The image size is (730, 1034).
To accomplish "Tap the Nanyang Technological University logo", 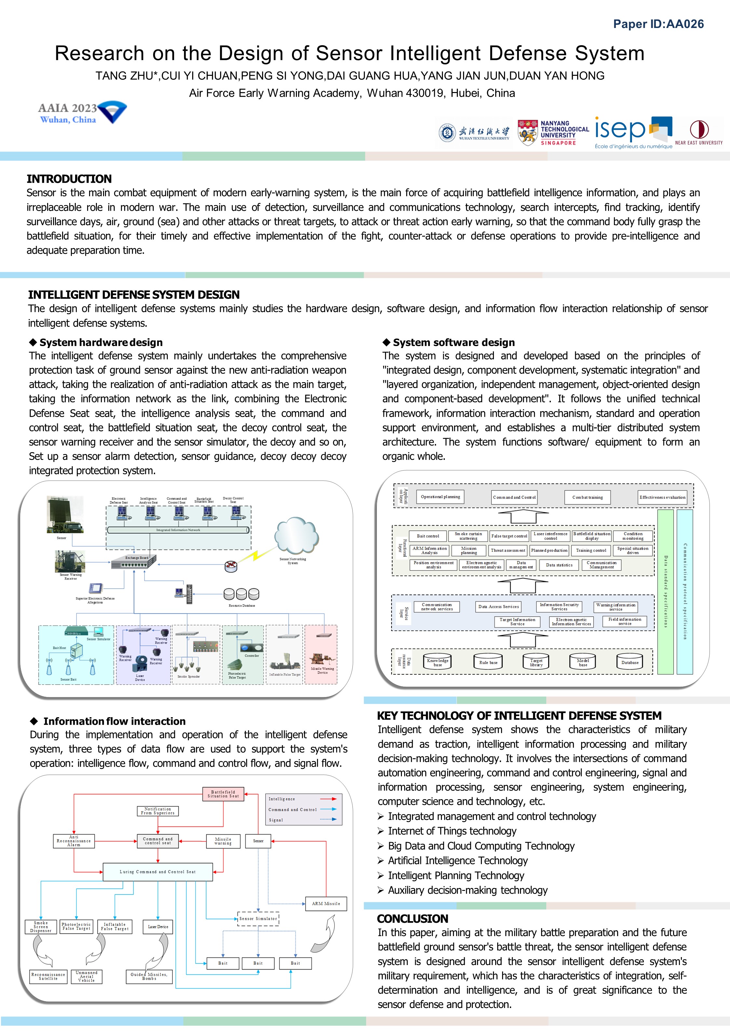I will pyautogui.click(x=553, y=132).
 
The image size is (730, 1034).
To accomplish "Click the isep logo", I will pyautogui.click(x=633, y=132).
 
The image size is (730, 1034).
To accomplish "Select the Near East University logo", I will pyautogui.click(x=698, y=132).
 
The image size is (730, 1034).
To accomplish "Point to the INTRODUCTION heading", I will pyautogui.click(x=69, y=179).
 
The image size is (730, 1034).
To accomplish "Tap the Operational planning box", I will pyautogui.click(x=440, y=497).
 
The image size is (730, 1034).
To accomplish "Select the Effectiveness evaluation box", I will pyautogui.click(x=662, y=497).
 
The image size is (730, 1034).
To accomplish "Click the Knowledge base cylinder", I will pyautogui.click(x=437, y=662).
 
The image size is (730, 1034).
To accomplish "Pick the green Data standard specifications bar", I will pyautogui.click(x=665, y=591).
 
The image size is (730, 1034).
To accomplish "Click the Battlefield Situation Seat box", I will pyautogui.click(x=223, y=794).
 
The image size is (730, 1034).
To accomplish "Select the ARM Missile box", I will pyautogui.click(x=326, y=903).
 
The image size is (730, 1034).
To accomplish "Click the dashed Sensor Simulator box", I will pyautogui.click(x=258, y=918).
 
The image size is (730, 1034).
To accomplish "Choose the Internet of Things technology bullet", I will pyautogui.click(x=452, y=831).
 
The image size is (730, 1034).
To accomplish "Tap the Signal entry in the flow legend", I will pyautogui.click(x=276, y=820).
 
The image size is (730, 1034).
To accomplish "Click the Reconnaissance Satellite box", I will pyautogui.click(x=48, y=976).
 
